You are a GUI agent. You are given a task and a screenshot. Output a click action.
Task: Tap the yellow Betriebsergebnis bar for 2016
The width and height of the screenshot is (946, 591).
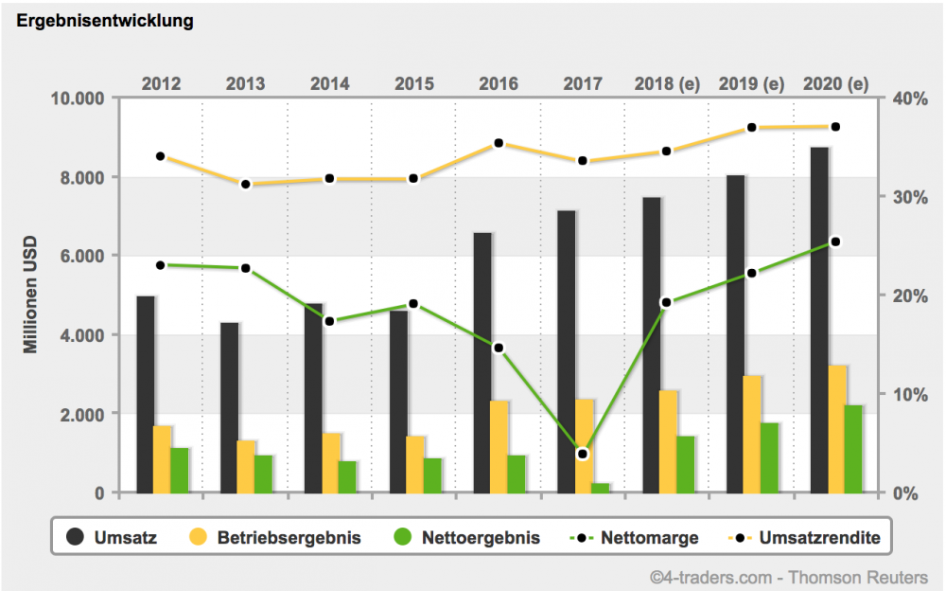tap(499, 446)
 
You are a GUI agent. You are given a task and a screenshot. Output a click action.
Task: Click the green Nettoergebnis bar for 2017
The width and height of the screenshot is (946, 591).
tap(601, 488)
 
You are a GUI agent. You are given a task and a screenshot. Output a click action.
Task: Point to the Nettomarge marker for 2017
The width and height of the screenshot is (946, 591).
tap(583, 454)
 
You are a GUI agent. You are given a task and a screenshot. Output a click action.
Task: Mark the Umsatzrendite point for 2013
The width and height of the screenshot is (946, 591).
tap(246, 184)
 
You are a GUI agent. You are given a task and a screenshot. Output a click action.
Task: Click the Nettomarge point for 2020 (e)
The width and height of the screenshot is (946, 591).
tap(835, 242)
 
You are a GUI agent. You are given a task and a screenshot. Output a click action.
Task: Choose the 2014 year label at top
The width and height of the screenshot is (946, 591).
tap(329, 83)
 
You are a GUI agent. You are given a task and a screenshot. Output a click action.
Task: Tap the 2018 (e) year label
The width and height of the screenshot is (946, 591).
tap(667, 83)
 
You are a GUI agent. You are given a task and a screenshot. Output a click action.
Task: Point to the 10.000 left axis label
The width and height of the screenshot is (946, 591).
tap(79, 98)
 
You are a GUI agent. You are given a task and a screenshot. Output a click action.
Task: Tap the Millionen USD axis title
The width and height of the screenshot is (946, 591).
tap(31, 294)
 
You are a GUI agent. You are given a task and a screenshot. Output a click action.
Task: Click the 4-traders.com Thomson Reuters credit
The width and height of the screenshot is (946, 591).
tap(795, 576)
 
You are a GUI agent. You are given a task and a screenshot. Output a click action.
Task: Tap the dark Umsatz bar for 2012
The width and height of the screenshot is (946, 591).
tap(146, 394)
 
